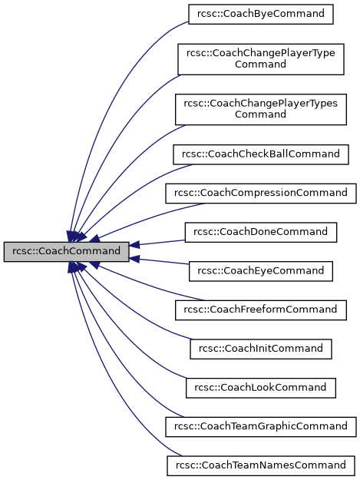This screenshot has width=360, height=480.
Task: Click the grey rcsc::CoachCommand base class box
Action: click(x=66, y=251)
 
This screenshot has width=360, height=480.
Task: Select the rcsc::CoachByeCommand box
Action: click(x=261, y=13)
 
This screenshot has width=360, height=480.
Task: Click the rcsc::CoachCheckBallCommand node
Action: click(x=261, y=154)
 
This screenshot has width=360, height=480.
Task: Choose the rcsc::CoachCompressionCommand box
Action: click(x=261, y=192)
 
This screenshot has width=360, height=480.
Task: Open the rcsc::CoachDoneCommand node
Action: click(x=261, y=231)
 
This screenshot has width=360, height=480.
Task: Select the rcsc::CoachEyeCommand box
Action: click(x=261, y=270)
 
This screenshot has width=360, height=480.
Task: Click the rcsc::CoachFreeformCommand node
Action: click(x=261, y=310)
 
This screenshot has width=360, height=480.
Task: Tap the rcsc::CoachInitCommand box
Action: click(x=261, y=349)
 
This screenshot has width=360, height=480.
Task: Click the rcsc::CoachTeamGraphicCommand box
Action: click(x=261, y=425)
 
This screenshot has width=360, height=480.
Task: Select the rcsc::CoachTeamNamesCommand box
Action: click(x=261, y=465)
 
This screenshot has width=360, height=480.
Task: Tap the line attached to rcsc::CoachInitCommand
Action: click(x=138, y=315)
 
